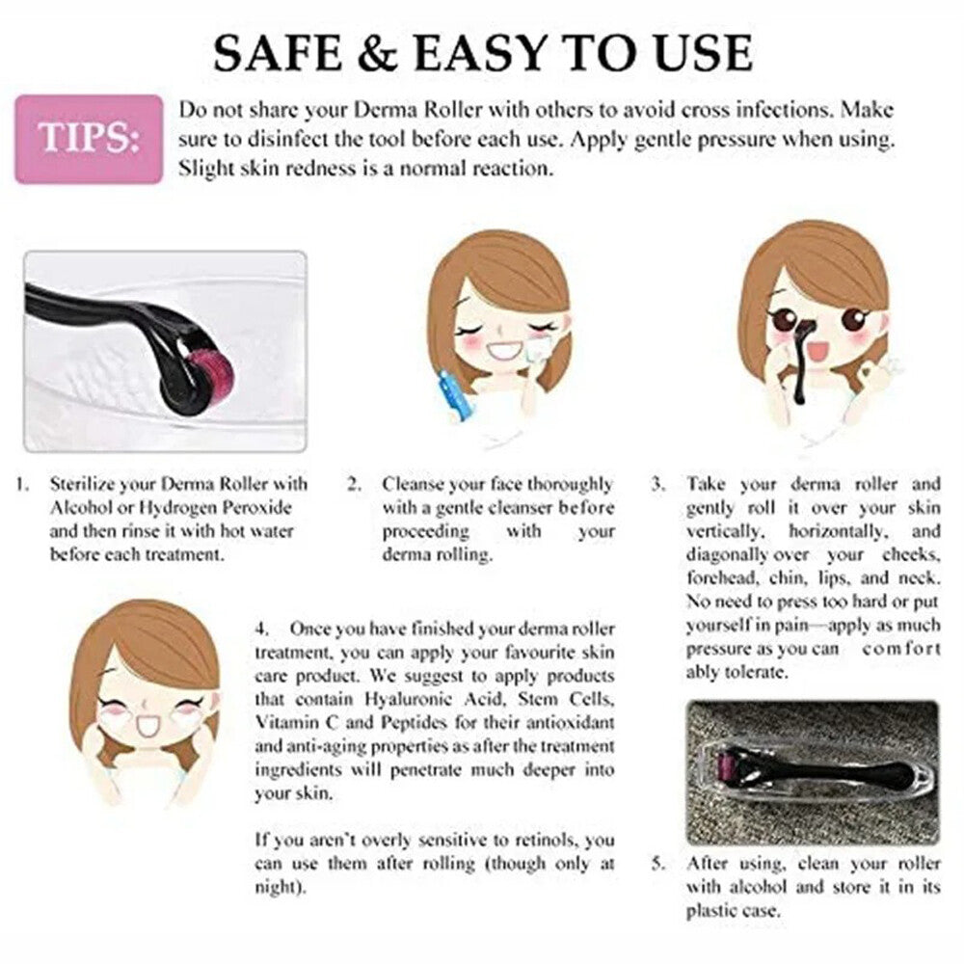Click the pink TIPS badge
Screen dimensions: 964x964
click(x=89, y=139)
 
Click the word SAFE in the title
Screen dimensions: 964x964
click(x=278, y=53)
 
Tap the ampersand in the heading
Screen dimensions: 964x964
click(x=378, y=53)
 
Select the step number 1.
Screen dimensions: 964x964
click(x=22, y=485)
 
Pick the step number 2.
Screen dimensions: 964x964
click(x=354, y=485)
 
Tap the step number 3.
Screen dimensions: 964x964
click(x=658, y=485)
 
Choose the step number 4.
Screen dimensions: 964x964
click(x=262, y=629)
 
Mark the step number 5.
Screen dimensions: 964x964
click(x=658, y=864)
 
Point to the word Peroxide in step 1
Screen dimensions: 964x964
click(x=257, y=508)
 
